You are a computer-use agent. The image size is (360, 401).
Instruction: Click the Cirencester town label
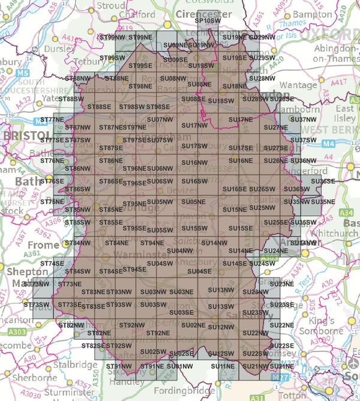203,13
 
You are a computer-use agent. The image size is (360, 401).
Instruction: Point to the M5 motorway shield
23,73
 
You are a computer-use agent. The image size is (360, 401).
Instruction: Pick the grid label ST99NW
113,37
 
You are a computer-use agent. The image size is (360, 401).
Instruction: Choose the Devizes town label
184,191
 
